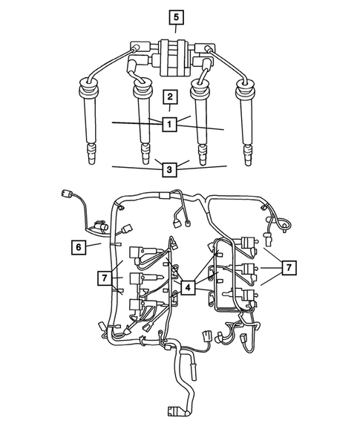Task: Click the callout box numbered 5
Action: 174,16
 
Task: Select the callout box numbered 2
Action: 171,97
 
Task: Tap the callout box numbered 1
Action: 170,125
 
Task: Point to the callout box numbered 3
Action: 170,170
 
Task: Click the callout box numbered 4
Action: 189,286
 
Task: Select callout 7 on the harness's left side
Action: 106,278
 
